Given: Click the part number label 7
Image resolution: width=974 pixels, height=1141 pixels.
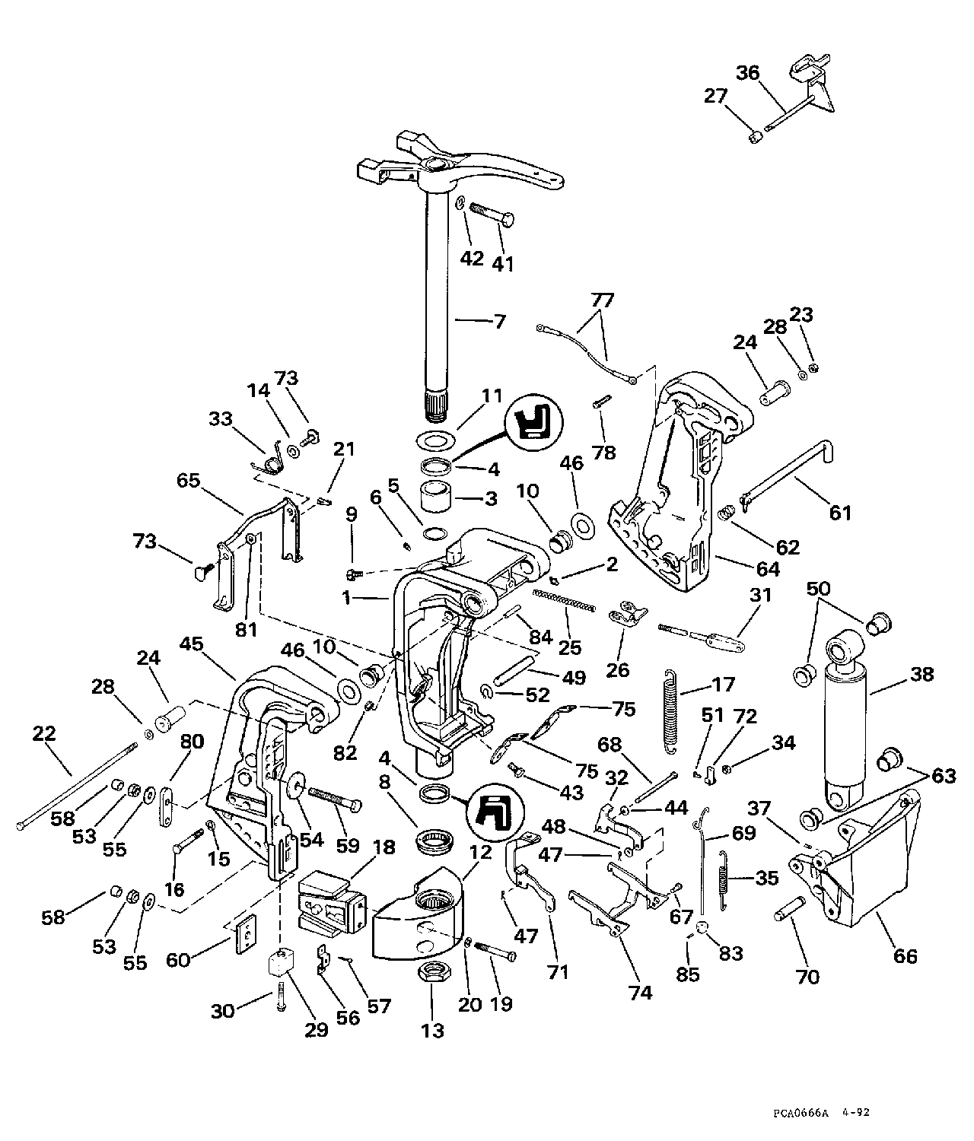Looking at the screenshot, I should [x=499, y=321].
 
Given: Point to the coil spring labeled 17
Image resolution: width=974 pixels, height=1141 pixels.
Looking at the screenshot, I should [x=670, y=711].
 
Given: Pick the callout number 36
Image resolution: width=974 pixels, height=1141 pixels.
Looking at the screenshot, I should [x=747, y=73].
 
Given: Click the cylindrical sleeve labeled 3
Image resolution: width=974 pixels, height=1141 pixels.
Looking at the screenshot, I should [x=438, y=497].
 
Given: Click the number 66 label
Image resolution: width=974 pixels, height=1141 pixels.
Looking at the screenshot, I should [x=905, y=955].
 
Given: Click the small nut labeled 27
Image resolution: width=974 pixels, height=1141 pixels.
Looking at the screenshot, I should [x=756, y=138].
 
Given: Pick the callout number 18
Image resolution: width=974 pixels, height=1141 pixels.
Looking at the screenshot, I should [x=384, y=849].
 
